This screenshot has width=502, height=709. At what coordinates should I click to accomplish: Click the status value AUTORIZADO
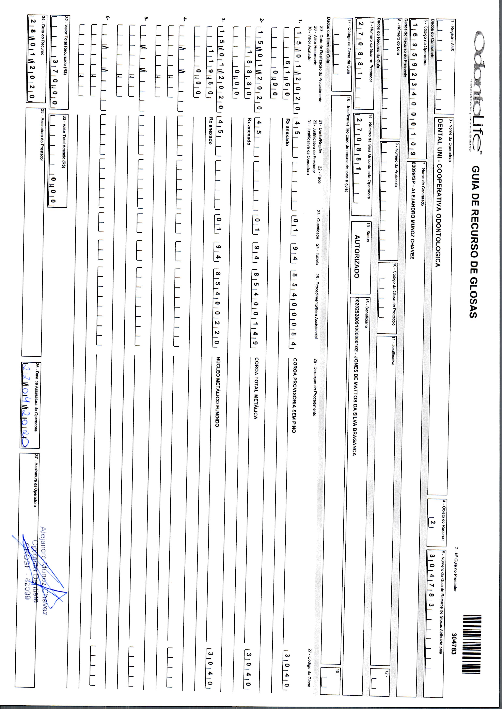[x=357, y=256]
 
